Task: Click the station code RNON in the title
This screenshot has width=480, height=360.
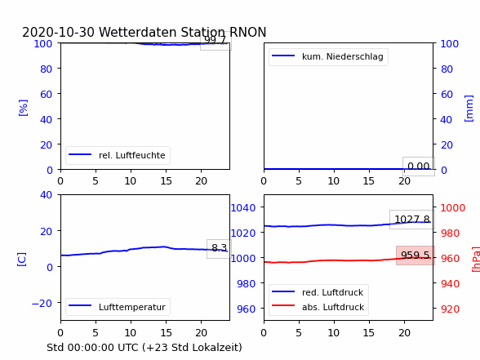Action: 248,32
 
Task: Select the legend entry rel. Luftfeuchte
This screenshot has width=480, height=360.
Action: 118,155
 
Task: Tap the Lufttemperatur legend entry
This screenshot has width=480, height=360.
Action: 118,307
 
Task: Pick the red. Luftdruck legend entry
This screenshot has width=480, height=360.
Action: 318,292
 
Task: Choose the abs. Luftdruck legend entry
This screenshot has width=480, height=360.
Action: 318,307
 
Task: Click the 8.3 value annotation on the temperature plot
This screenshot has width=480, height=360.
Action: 219,248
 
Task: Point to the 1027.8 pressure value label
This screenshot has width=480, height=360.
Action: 412,219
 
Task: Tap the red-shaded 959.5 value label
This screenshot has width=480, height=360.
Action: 416,255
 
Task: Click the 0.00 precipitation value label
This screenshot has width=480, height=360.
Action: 419,167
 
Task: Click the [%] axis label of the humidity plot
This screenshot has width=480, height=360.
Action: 23,108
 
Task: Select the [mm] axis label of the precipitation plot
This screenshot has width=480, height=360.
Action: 469,109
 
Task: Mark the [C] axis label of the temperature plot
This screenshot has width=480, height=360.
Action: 22,260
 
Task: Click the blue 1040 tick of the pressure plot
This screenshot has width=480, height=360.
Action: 243,208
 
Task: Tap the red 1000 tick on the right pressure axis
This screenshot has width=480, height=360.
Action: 453,208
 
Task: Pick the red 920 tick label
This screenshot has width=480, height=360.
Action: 450,309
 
